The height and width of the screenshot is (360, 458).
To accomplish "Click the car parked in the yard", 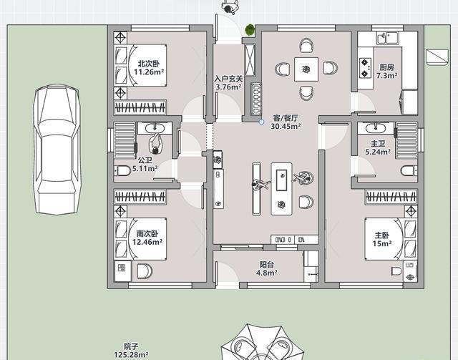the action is (57, 150).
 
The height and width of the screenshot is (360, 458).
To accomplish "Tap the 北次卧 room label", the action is (149, 64).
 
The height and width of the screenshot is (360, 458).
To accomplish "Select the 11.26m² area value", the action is (149, 72).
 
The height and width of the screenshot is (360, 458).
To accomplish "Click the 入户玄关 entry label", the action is (228, 79).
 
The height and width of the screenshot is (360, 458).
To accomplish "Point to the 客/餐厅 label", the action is (286, 118).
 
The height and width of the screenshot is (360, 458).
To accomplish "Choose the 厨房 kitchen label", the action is (386, 67).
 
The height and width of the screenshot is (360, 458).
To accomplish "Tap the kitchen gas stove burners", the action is (365, 68).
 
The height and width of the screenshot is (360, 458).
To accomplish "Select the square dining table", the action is (306, 69).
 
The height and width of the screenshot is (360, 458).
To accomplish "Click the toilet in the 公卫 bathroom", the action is (122, 170).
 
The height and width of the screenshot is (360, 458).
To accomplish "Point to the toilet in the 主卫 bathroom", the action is (409, 170).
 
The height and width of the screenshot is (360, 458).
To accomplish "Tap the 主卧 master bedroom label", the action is (381, 235).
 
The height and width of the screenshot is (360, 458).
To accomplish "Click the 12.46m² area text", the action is (147, 242).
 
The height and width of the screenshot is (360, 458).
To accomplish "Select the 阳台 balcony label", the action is (267, 265).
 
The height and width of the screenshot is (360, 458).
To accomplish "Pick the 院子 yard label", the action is (131, 347).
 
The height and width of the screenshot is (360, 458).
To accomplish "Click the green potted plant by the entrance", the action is (250, 29).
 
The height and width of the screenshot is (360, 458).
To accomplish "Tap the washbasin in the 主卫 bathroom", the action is (375, 128).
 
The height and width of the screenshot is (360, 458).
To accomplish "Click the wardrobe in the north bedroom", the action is (140, 108).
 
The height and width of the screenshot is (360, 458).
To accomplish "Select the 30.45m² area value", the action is (286, 127).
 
